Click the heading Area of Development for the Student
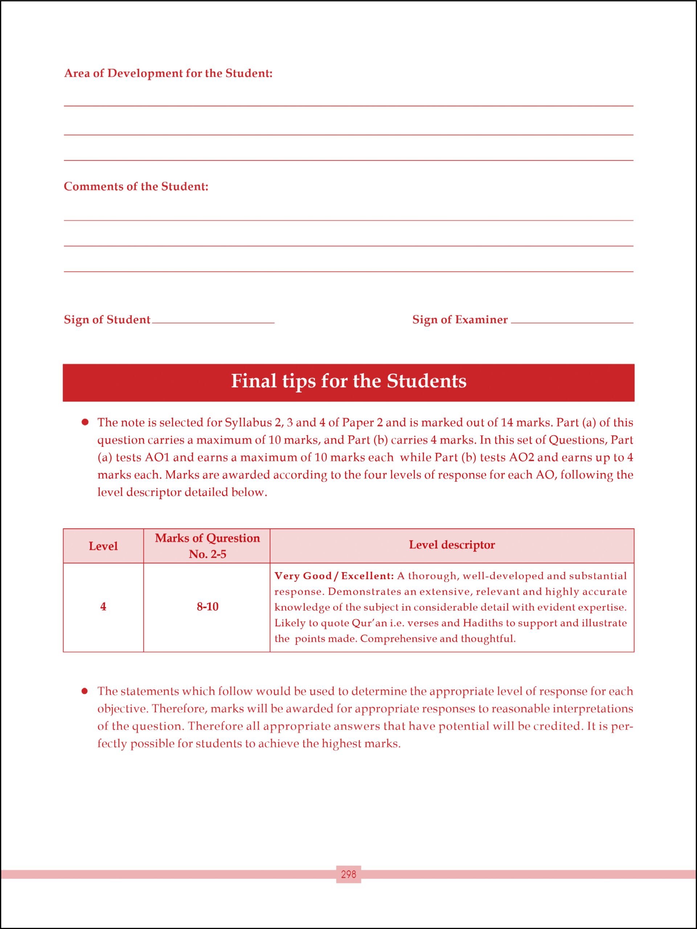(168, 74)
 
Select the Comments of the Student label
(136, 187)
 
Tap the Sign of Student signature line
(213, 322)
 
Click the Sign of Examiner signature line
(572, 322)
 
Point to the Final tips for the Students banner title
(348, 381)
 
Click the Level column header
(103, 546)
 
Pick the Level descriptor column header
(452, 545)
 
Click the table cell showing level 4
(103, 606)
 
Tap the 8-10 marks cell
(207, 607)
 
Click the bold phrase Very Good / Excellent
(334, 576)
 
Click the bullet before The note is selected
(85, 422)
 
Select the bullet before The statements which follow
(85, 691)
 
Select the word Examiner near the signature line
(481, 320)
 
